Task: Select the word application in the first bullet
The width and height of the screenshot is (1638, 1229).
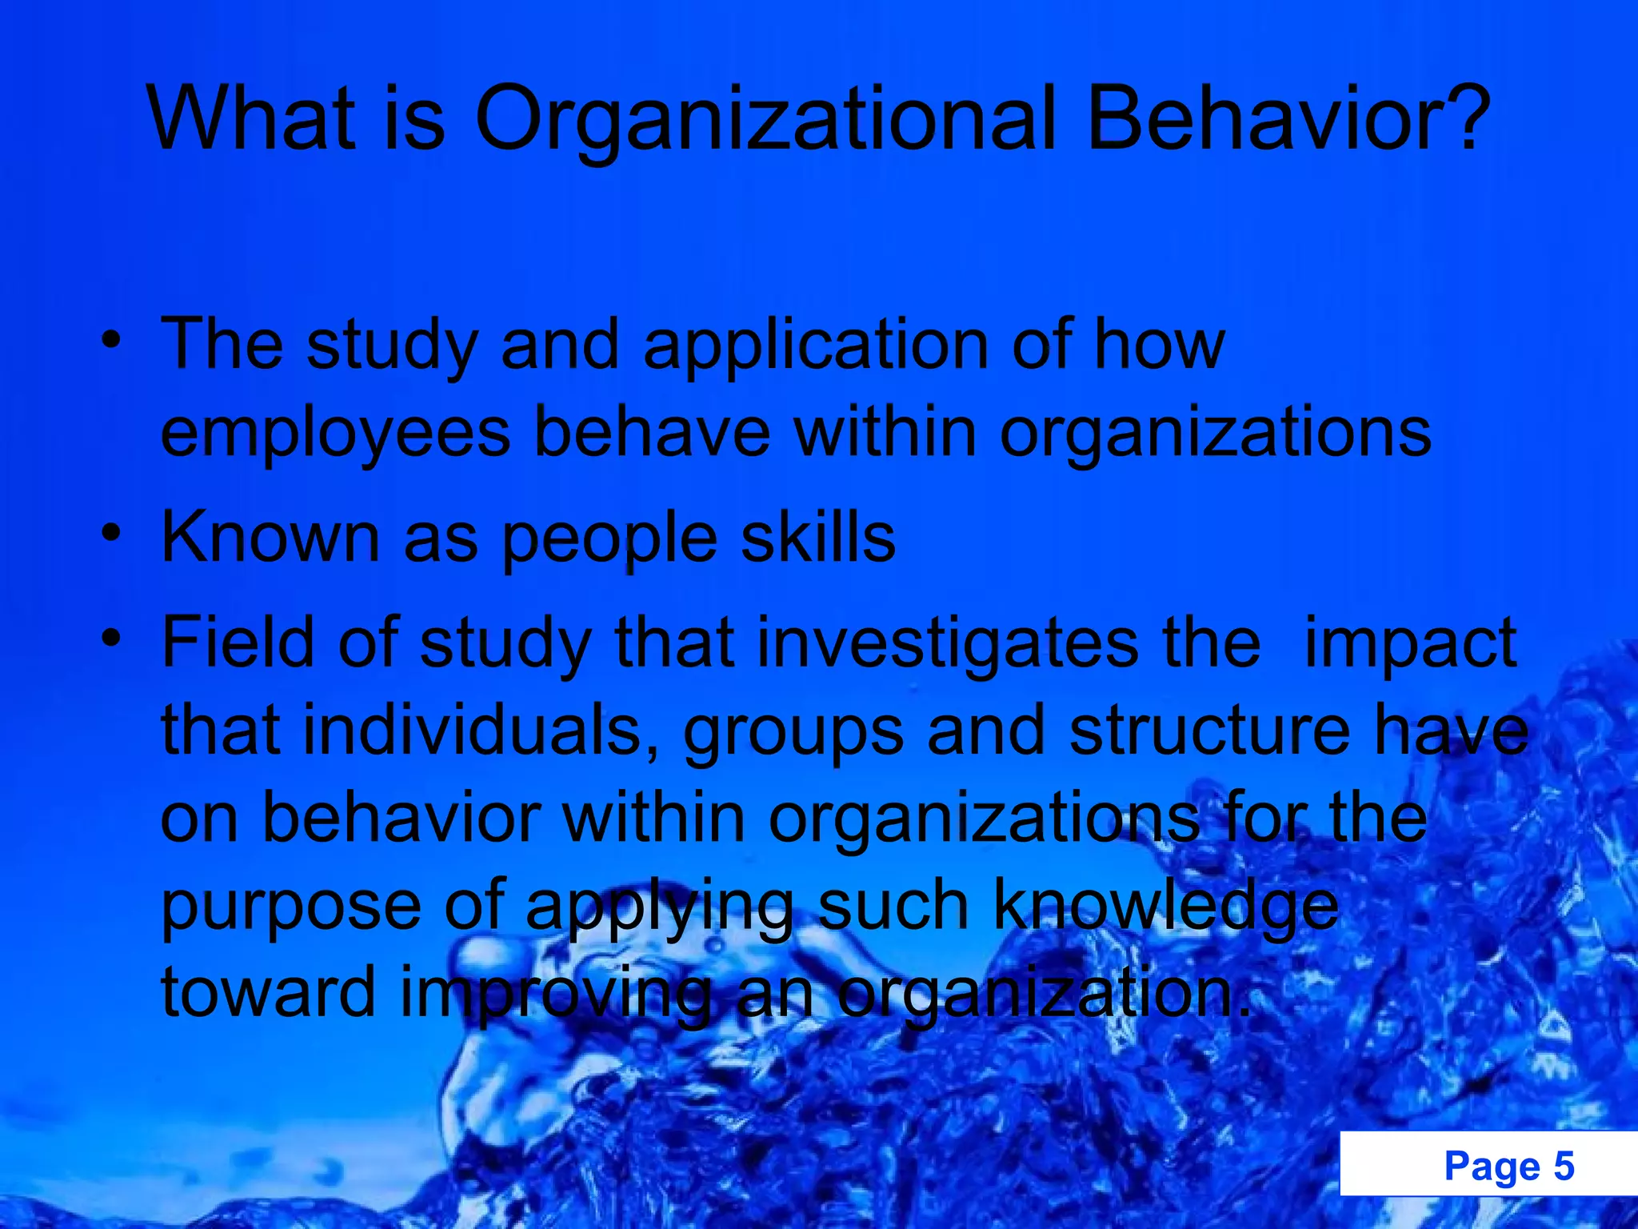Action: click(x=816, y=346)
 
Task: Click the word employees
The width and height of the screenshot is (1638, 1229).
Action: click(x=335, y=432)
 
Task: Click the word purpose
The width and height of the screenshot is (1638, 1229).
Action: click(x=291, y=907)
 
